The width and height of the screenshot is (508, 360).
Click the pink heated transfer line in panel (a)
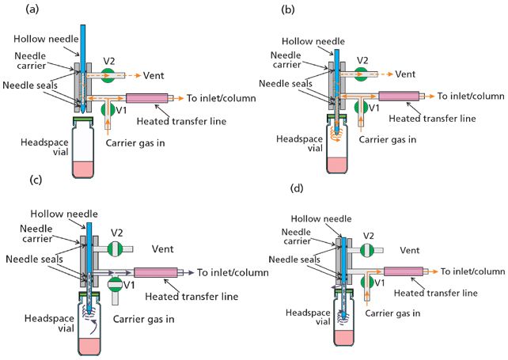150,98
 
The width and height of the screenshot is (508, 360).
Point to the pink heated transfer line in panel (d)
404,271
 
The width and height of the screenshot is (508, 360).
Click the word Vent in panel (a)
154,76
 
